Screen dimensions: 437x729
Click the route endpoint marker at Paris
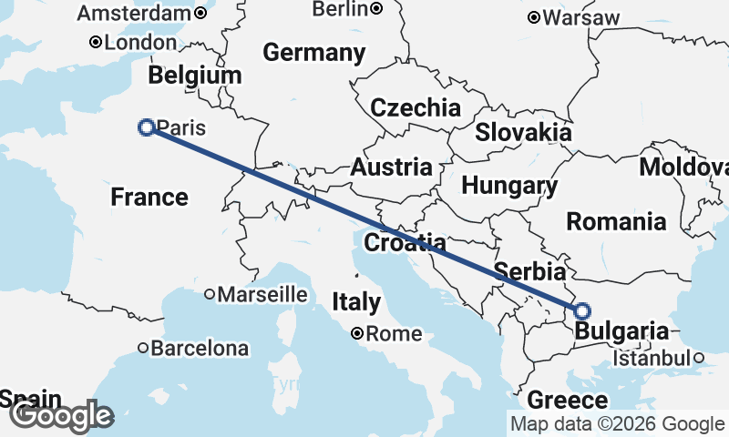coord(145,127)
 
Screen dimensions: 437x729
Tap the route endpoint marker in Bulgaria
coord(582,310)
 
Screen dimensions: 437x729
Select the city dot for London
coord(95,42)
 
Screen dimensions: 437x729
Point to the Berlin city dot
coord(375,8)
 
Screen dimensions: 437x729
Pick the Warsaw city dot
coord(534,17)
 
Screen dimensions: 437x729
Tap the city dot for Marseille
coord(210,294)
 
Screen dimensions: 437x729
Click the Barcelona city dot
coord(143,348)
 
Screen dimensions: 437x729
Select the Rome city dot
coord(359,333)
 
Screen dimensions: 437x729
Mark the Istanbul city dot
coord(698,358)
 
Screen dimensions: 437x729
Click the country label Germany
coord(314,53)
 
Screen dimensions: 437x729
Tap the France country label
coord(149,197)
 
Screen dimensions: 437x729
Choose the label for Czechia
coord(415,107)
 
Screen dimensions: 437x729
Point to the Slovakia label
coord(523,132)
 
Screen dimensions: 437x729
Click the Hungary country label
coord(509,186)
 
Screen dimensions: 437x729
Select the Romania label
coord(616,221)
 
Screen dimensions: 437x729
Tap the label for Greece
coord(567,401)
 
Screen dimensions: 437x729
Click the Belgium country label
coord(195,76)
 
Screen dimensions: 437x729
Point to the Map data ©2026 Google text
coord(616,424)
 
